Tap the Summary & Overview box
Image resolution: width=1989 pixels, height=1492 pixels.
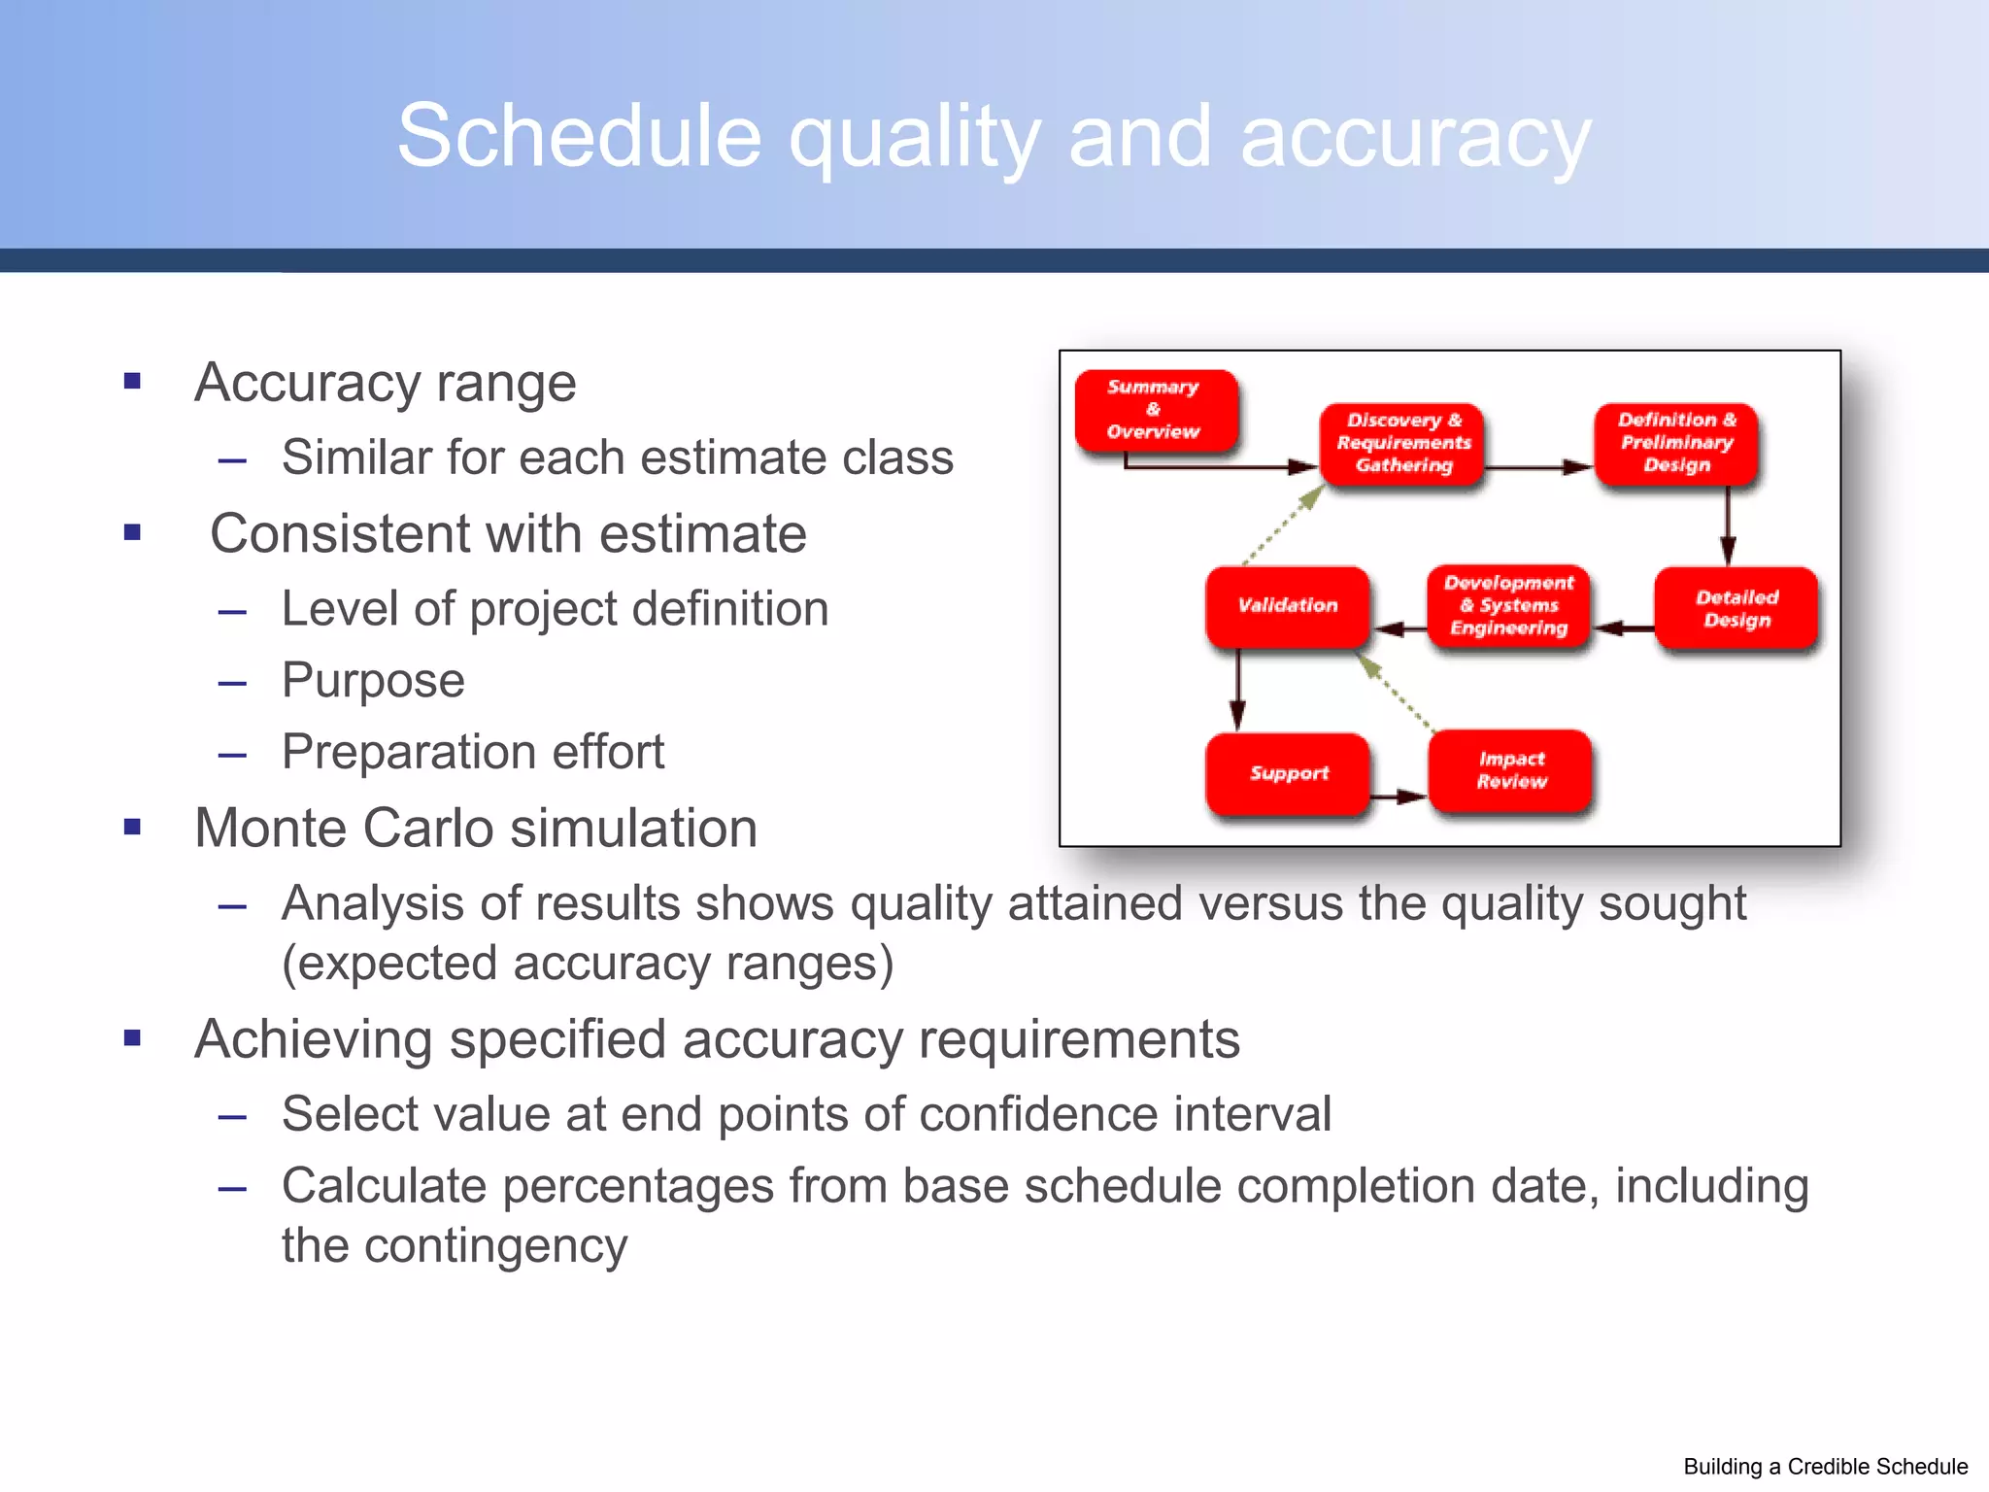click(x=1155, y=410)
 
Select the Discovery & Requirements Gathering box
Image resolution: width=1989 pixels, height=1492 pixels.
click(x=1402, y=443)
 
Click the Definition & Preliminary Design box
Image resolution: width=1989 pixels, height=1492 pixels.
click(x=1676, y=443)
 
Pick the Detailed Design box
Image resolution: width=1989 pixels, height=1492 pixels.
click(x=1736, y=608)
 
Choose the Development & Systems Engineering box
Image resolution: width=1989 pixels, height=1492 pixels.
click(x=1508, y=606)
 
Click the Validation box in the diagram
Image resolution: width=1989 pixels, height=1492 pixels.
click(x=1288, y=606)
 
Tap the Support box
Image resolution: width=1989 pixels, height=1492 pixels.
click(x=1288, y=773)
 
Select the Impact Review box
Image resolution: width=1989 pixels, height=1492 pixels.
click(x=1511, y=770)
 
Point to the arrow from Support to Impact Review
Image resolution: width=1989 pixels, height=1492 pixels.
click(x=1399, y=797)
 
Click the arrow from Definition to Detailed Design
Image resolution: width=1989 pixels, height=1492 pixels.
click(x=1728, y=526)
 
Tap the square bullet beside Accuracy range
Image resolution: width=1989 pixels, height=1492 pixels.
click(x=133, y=381)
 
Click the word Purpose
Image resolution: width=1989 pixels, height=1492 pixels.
click(x=373, y=680)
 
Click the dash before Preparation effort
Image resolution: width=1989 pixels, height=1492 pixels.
click(x=232, y=754)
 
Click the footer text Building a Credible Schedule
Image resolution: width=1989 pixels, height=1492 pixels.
click(x=1825, y=1467)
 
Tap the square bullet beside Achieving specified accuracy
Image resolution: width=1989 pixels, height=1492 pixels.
click(x=133, y=1038)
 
